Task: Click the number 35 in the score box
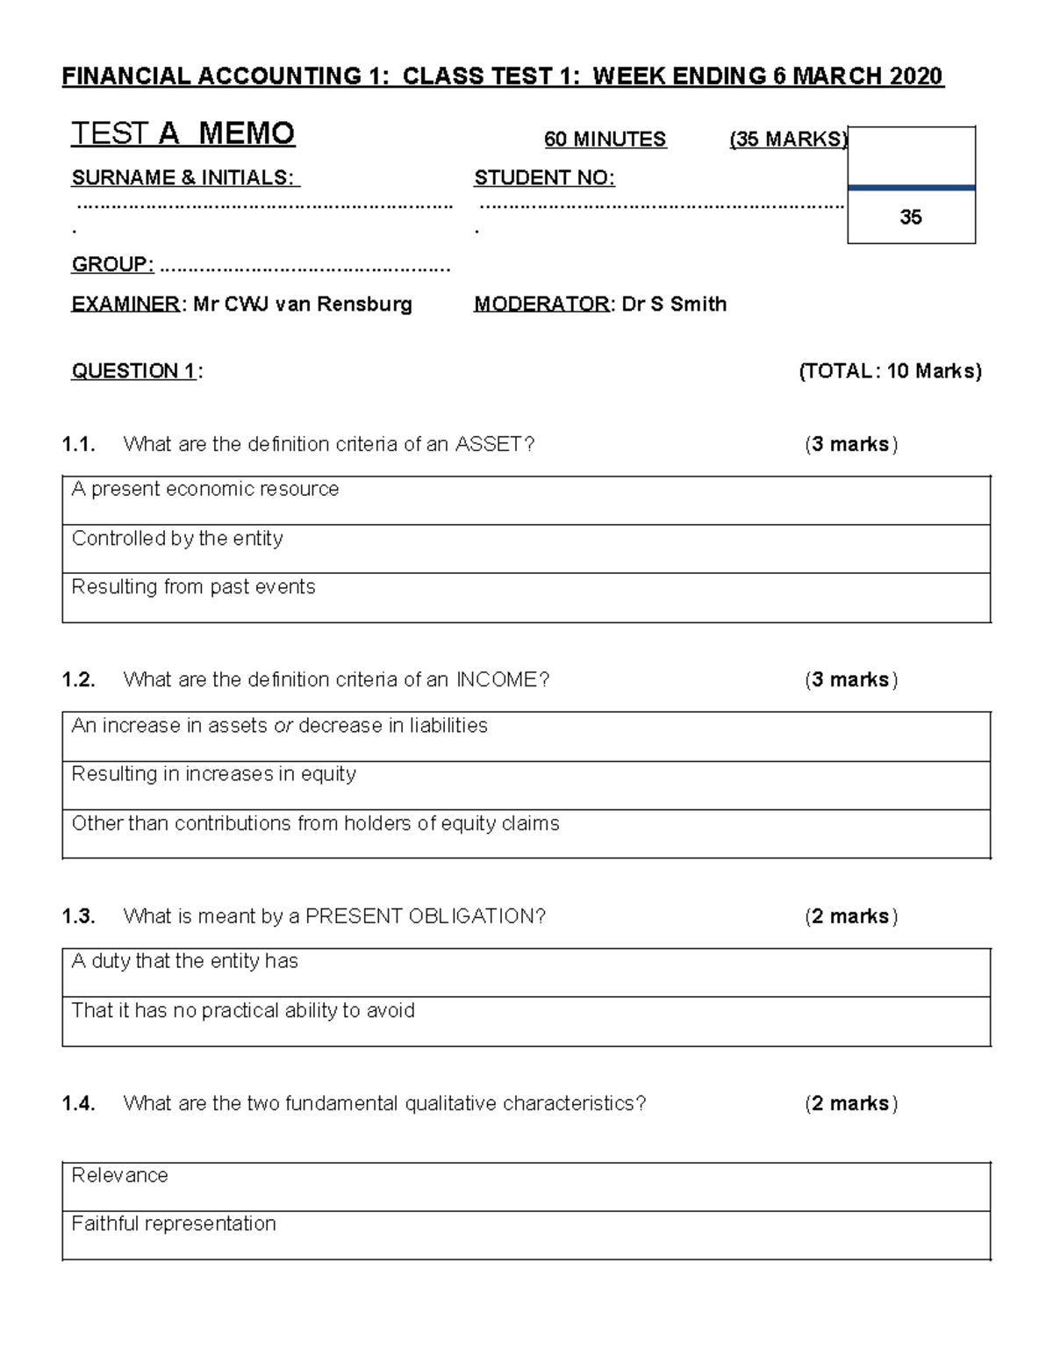coord(911,217)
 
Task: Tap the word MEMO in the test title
coord(247,133)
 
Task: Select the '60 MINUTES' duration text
coord(605,139)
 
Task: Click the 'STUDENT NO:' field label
coord(544,178)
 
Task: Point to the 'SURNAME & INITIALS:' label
coord(185,178)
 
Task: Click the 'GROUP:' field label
coord(112,265)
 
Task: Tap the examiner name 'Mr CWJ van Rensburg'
coord(303,305)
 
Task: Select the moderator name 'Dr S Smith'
coord(674,305)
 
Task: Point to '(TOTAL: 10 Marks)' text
coord(890,371)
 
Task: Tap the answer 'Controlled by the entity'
coord(177,538)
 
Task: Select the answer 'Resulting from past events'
coord(193,586)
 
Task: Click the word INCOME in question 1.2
coord(497,679)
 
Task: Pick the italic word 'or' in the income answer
coord(283,726)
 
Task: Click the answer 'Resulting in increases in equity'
coord(213,774)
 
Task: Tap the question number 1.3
coord(78,916)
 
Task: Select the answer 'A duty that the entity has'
coord(184,961)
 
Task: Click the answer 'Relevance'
coord(119,1175)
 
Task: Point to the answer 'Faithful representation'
coord(174,1223)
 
